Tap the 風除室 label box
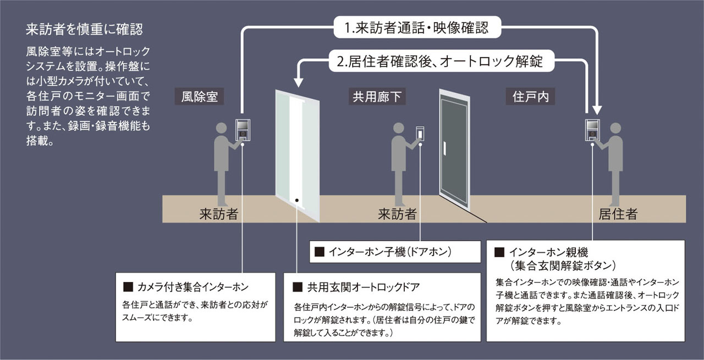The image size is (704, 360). [x=200, y=97]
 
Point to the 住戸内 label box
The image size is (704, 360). [x=530, y=97]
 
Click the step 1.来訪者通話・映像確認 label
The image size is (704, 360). [x=417, y=28]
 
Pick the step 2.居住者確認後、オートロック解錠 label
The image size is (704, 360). [x=438, y=60]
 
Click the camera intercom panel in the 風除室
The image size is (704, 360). [x=243, y=130]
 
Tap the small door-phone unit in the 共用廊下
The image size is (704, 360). [x=420, y=134]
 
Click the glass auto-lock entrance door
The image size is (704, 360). [x=297, y=154]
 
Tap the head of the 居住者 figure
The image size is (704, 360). [x=615, y=128]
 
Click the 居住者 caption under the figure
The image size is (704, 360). [x=618, y=214]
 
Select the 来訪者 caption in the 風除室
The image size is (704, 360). [x=218, y=214]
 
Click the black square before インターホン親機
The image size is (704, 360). [x=499, y=252]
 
